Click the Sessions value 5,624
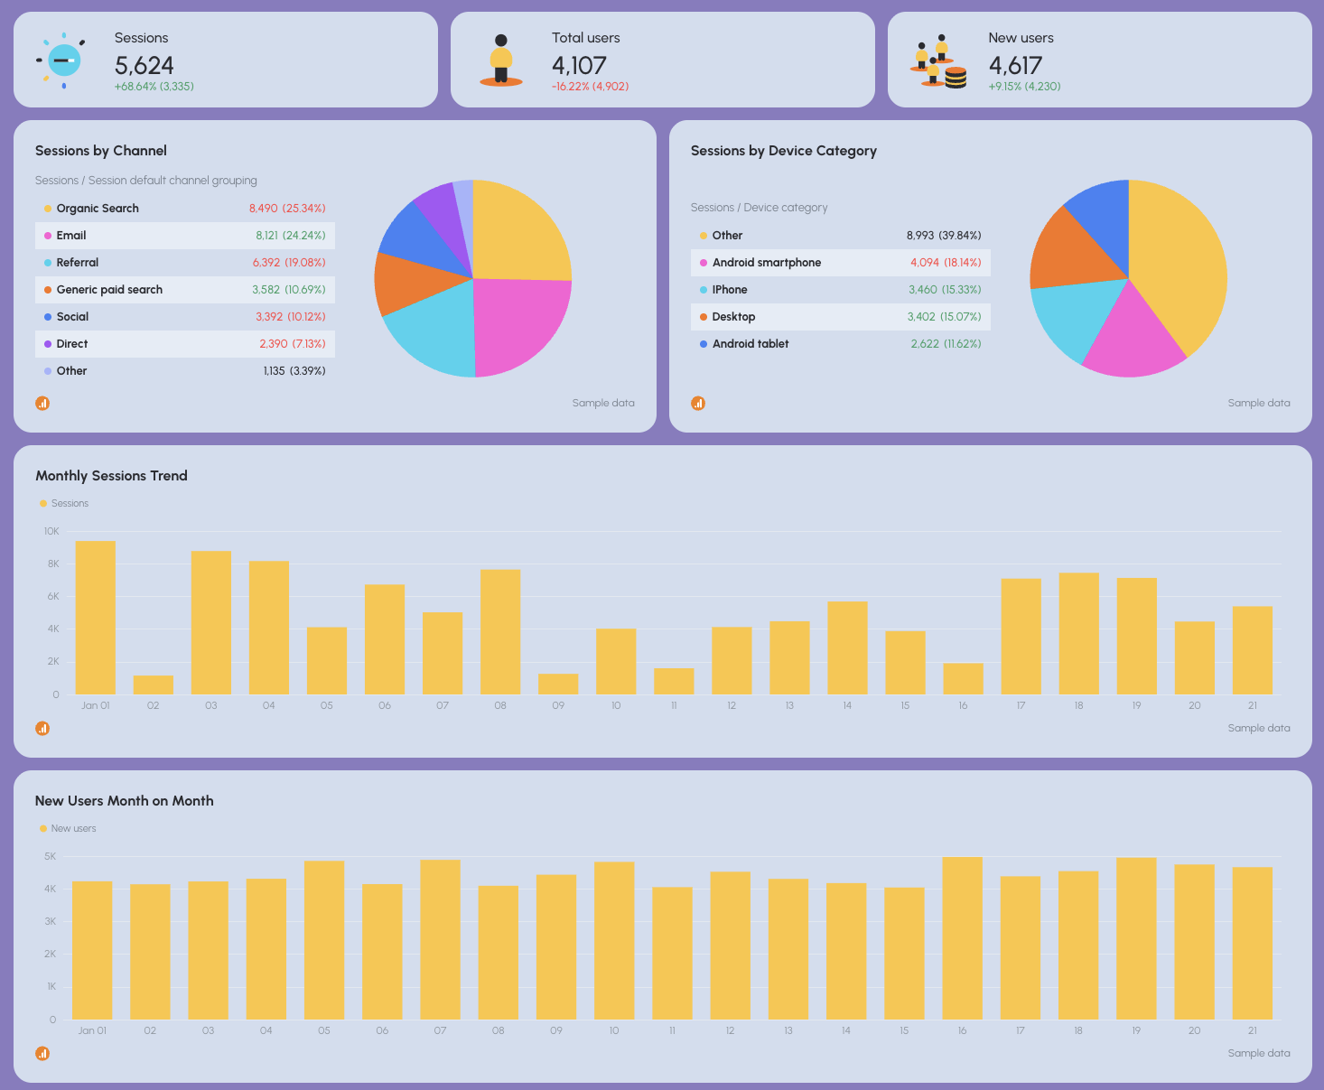coord(145,65)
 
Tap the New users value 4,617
coord(1015,65)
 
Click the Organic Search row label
coord(98,209)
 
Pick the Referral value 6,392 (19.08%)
coord(289,263)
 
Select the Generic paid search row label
coord(109,290)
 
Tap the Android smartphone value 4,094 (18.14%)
coord(946,263)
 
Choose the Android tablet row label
coord(750,344)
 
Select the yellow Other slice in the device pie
coord(1183,262)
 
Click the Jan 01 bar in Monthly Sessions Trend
coord(96,618)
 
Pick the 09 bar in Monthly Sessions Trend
coord(558,684)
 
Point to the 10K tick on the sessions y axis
coord(51,531)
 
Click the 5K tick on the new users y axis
coord(51,856)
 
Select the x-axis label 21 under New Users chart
coord(1252,1030)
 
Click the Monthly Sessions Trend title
coord(111,476)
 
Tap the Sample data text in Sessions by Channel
coord(602,403)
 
